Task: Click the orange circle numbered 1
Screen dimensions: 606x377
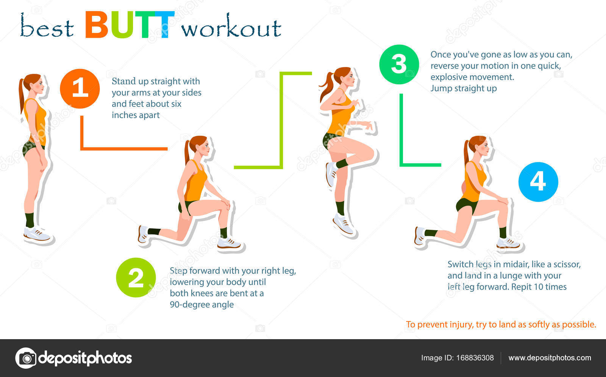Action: [x=80, y=89]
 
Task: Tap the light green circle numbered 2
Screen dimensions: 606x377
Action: [x=136, y=277]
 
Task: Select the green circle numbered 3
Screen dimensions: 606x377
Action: [x=399, y=64]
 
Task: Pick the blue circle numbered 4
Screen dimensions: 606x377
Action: [x=538, y=182]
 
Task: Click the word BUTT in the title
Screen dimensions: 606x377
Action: [x=130, y=25]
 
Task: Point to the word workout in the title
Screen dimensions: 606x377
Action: [x=231, y=26]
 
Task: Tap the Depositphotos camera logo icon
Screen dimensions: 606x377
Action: [x=26, y=358]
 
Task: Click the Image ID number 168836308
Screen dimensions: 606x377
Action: [x=475, y=358]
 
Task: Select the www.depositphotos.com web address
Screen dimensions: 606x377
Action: [x=550, y=358]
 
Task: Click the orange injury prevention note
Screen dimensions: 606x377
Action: [x=501, y=324]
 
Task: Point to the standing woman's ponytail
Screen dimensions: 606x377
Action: [x=21, y=95]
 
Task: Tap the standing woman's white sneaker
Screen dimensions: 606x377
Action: [x=37, y=234]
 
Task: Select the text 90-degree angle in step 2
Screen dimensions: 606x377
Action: [x=201, y=305]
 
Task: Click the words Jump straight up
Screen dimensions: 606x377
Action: [x=464, y=89]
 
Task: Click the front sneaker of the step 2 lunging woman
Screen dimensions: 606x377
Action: [x=229, y=243]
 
